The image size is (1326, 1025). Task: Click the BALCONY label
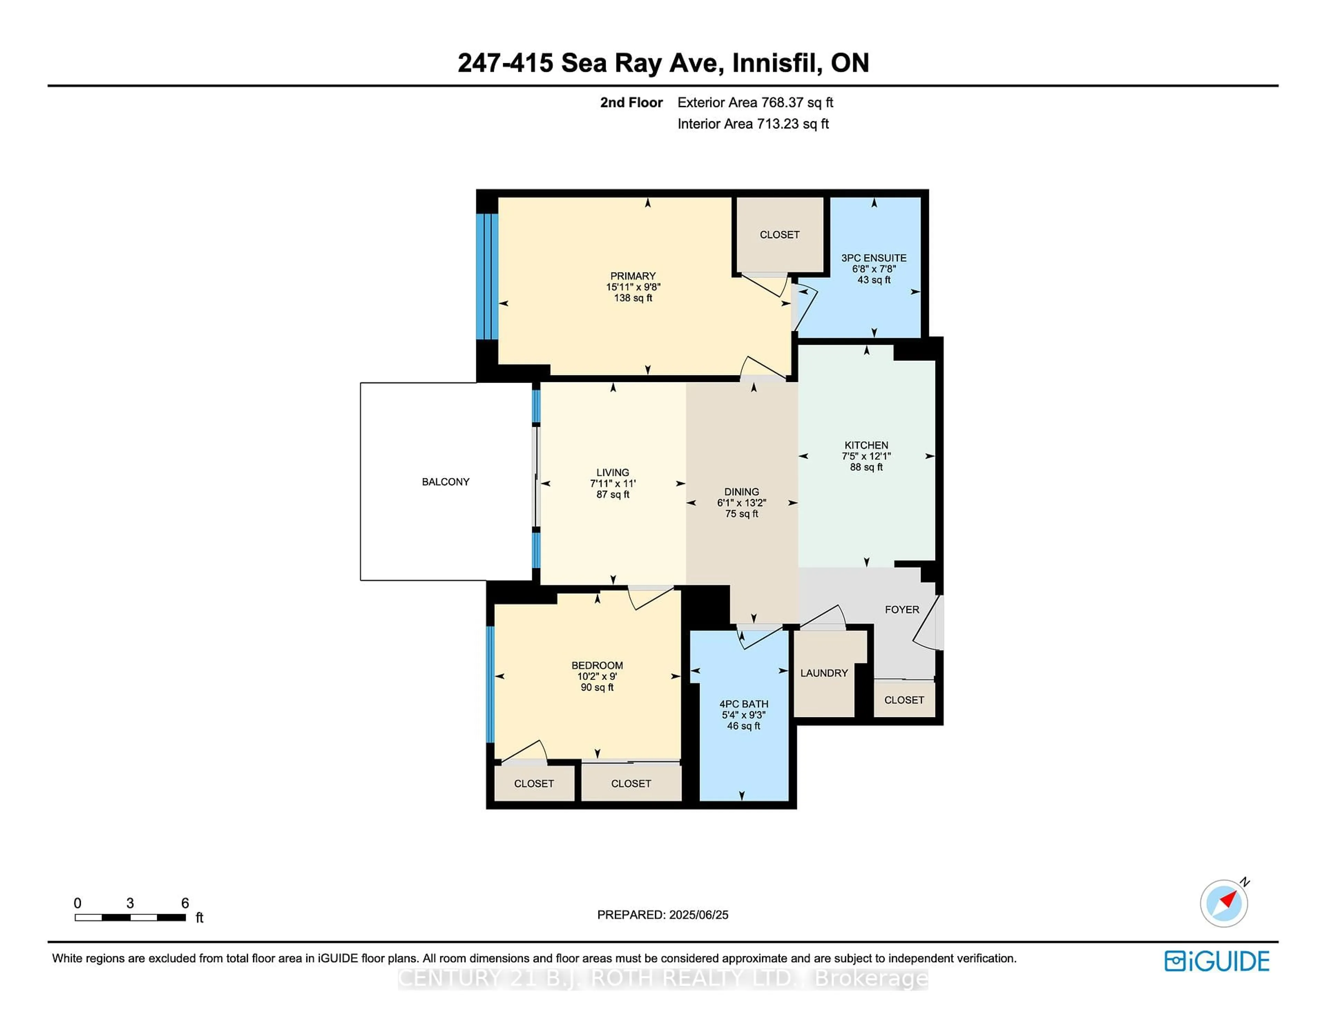tap(446, 481)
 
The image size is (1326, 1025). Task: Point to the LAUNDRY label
tap(824, 673)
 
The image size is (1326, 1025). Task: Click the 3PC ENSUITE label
tap(874, 258)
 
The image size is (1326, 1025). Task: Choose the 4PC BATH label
tap(744, 704)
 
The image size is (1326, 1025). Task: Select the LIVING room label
tap(613, 472)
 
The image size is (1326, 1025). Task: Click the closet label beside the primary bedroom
tap(780, 234)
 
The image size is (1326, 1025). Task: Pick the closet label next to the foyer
tap(904, 700)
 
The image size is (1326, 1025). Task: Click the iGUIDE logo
tap(1217, 961)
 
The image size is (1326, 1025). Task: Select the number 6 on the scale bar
tap(185, 903)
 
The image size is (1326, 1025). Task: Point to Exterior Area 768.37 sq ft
tap(755, 103)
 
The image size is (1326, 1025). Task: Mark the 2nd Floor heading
tap(632, 103)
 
